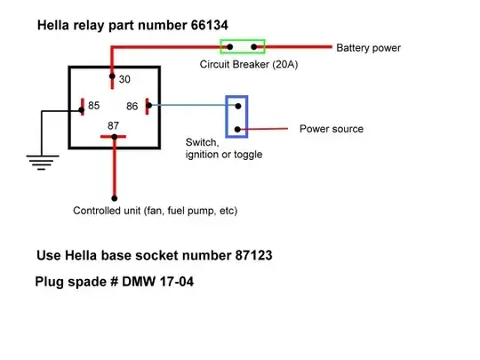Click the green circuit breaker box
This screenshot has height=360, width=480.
(x=243, y=45)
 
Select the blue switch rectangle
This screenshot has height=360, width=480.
(x=237, y=117)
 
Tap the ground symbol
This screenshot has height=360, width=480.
(x=37, y=161)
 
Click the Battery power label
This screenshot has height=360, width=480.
(x=369, y=46)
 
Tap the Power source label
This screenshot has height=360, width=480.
(x=331, y=129)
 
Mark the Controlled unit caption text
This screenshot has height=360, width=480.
(x=155, y=212)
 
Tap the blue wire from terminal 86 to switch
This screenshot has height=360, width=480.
(x=191, y=106)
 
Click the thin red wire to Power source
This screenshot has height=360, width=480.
(x=267, y=130)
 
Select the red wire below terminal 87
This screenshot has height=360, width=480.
(x=114, y=169)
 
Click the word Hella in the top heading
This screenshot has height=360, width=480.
(x=56, y=25)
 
